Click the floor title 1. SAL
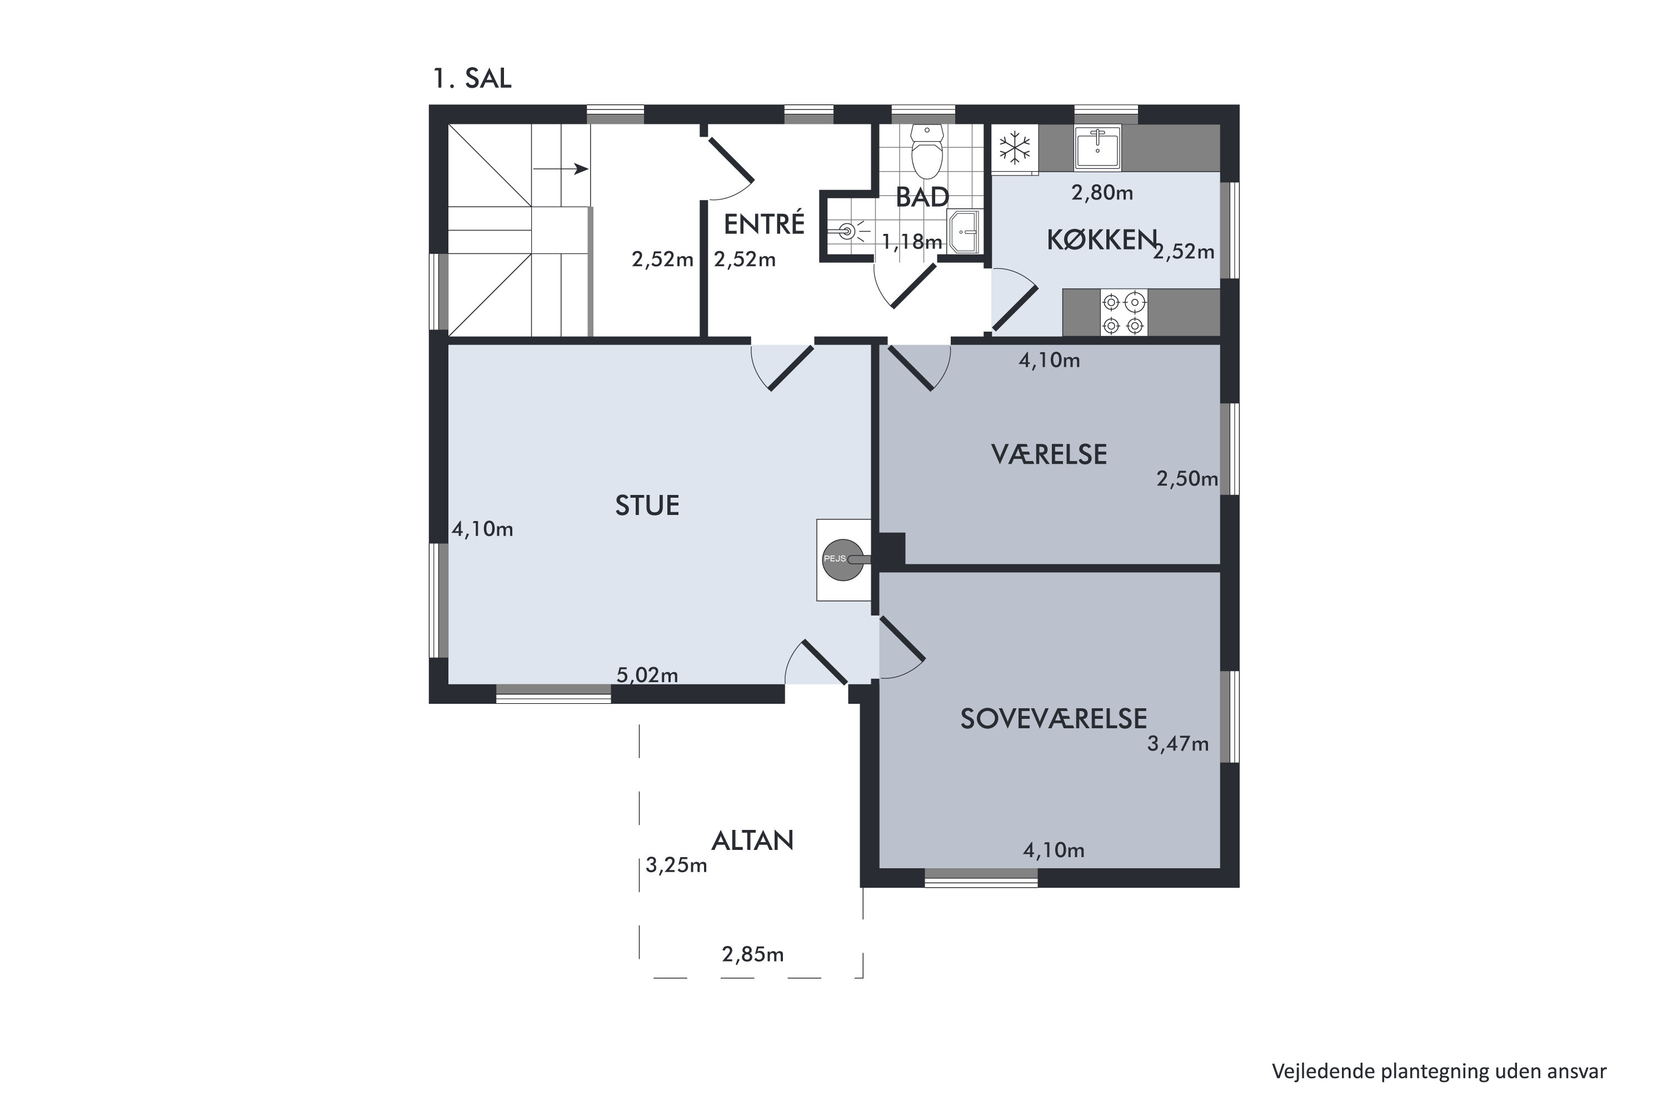pyautogui.click(x=472, y=78)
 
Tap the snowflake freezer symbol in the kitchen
pyautogui.click(x=1014, y=148)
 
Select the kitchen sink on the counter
pyautogui.click(x=1097, y=147)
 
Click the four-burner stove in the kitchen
pyautogui.click(x=1124, y=312)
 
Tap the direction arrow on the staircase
pyautogui.click(x=561, y=169)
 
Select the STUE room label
pyautogui.click(x=647, y=505)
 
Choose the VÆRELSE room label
pyautogui.click(x=1049, y=454)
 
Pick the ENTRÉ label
pyautogui.click(x=764, y=224)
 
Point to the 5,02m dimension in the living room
pyautogui.click(x=647, y=675)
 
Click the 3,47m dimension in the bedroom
pyautogui.click(x=1178, y=744)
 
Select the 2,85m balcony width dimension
pyautogui.click(x=753, y=955)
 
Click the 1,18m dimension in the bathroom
pyautogui.click(x=911, y=242)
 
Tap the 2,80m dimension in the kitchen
pyautogui.click(x=1102, y=193)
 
